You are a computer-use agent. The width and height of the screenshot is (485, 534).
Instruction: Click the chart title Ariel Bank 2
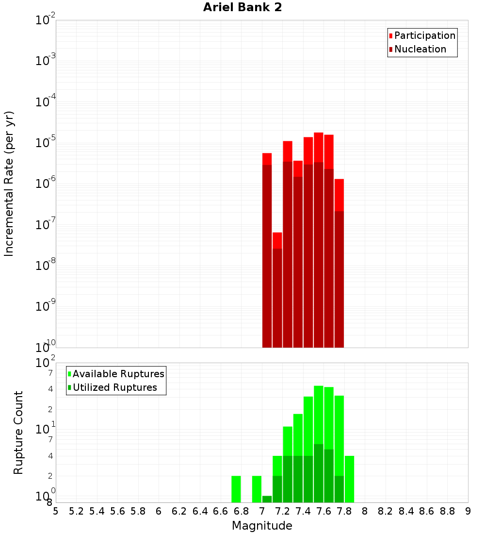tap(242, 7)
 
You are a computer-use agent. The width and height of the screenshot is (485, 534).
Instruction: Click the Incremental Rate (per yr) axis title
tap(9, 184)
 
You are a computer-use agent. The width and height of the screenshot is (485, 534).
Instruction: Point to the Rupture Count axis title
tap(18, 433)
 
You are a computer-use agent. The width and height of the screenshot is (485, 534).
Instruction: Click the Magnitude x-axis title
tap(262, 526)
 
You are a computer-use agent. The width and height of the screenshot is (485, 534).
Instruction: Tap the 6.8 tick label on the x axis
tap(241, 511)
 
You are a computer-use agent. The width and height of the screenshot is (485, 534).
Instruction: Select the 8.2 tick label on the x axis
tap(386, 511)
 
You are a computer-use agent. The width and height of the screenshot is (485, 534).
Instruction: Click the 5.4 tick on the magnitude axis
tap(97, 511)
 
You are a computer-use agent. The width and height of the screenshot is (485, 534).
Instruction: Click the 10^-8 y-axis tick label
tap(46, 266)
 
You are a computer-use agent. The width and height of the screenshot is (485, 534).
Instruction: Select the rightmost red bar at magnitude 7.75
tap(339, 194)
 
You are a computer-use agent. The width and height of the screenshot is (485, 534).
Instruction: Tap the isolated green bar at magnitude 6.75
tap(236, 489)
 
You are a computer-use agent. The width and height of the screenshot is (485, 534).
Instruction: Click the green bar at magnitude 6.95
tap(257, 489)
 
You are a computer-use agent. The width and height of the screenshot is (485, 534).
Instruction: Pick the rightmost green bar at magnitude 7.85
tap(349, 479)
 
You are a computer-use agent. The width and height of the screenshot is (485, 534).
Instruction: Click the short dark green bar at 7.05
tap(267, 499)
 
